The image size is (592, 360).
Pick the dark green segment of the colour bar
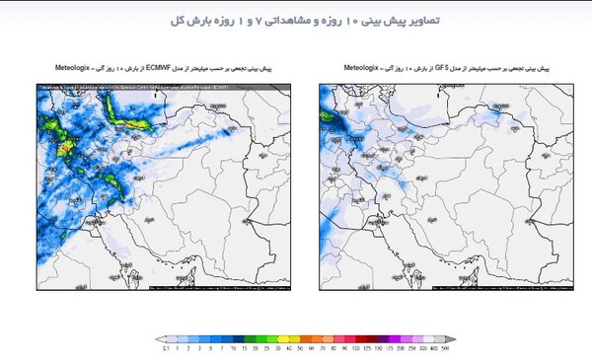coord(259,339)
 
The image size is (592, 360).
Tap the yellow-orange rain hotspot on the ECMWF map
coord(66,148)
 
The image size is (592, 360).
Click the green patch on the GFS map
coord(328,115)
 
